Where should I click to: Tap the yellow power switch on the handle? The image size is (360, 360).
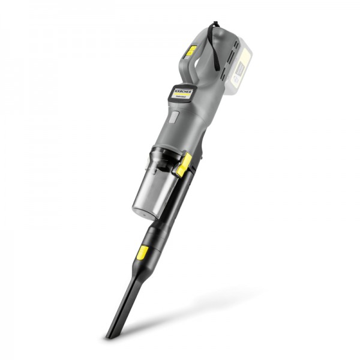[190, 52]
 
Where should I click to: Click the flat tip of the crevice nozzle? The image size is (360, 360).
[110, 333]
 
